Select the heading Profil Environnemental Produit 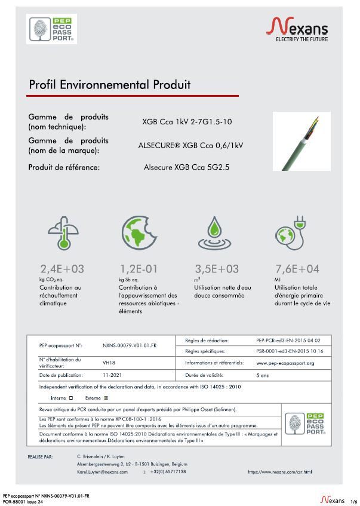tap(110, 85)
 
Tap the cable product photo tap(301, 141)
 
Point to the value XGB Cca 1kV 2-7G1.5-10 tap(187, 122)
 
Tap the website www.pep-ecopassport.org tap(285, 363)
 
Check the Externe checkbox tap(106, 397)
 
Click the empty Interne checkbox tap(71, 397)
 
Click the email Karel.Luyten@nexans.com tap(103, 472)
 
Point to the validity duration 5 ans tap(263, 375)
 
